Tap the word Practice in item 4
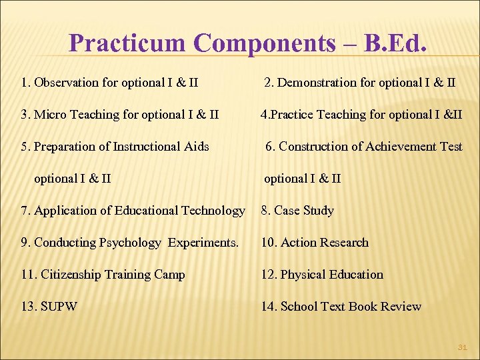pos(291,115)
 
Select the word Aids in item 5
pos(196,147)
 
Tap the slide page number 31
pos(462,347)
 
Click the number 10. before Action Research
pos(269,243)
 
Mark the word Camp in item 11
pos(170,275)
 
